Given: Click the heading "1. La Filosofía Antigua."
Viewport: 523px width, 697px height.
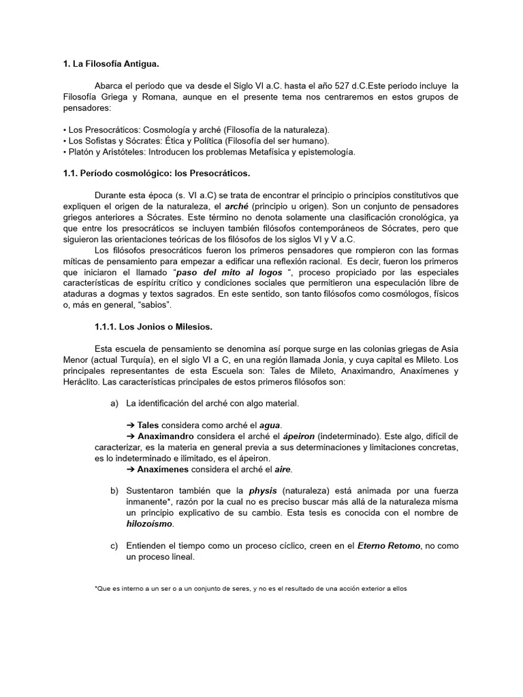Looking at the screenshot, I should pyautogui.click(x=110, y=65).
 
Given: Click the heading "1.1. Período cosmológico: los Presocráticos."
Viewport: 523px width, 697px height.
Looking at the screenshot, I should pyautogui.click(x=156, y=174).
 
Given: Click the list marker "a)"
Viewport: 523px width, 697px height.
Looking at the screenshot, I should pyautogui.click(x=114, y=404).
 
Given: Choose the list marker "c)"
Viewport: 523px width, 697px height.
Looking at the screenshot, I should pyautogui.click(x=114, y=545).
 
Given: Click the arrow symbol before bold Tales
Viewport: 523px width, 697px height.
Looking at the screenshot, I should pyautogui.click(x=131, y=425).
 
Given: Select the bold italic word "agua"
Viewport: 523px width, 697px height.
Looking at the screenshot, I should pyautogui.click(x=270, y=425).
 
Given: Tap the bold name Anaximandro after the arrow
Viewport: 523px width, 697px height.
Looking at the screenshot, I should pyautogui.click(x=165, y=436).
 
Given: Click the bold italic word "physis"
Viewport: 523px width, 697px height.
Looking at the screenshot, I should pyautogui.click(x=262, y=491).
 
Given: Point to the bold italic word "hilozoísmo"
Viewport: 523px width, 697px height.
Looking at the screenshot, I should pyautogui.click(x=150, y=523).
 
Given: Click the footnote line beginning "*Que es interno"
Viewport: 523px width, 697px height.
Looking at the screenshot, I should pyautogui.click(x=250, y=589).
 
